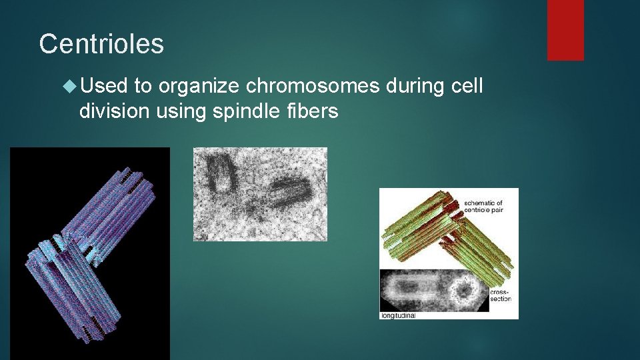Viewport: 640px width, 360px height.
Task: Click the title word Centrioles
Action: (101, 44)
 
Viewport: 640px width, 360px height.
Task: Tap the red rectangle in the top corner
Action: (565, 29)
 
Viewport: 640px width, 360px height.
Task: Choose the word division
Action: (115, 111)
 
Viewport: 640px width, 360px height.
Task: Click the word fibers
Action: (311, 111)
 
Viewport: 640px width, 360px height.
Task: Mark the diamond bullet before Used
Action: (71, 86)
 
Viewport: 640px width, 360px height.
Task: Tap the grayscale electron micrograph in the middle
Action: (260, 194)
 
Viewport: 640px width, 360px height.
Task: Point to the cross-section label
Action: (501, 295)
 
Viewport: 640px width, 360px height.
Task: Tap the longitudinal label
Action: (398, 315)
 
